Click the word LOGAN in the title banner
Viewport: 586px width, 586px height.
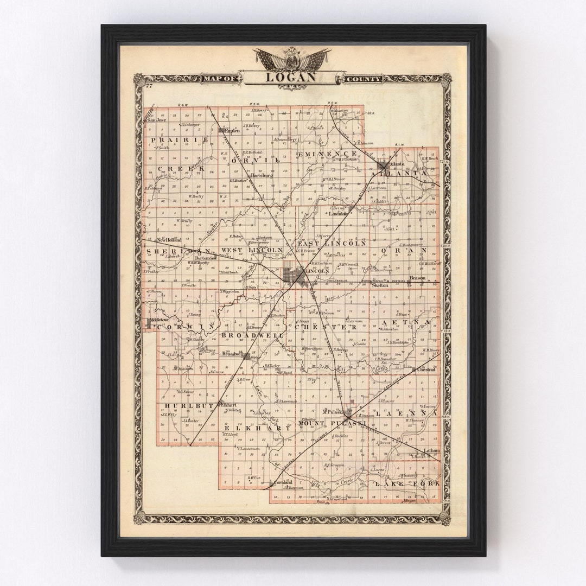[291, 77]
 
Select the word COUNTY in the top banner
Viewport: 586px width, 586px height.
[362, 79]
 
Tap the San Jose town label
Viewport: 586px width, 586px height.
[157, 120]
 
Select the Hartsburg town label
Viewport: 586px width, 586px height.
[262, 175]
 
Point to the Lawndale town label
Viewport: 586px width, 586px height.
[337, 213]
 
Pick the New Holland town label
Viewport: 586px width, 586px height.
[169, 239]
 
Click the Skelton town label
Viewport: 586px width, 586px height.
[380, 285]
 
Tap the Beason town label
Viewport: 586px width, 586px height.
[418, 278]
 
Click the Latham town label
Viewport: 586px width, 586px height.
[432, 450]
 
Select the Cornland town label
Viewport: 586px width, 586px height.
[283, 482]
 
